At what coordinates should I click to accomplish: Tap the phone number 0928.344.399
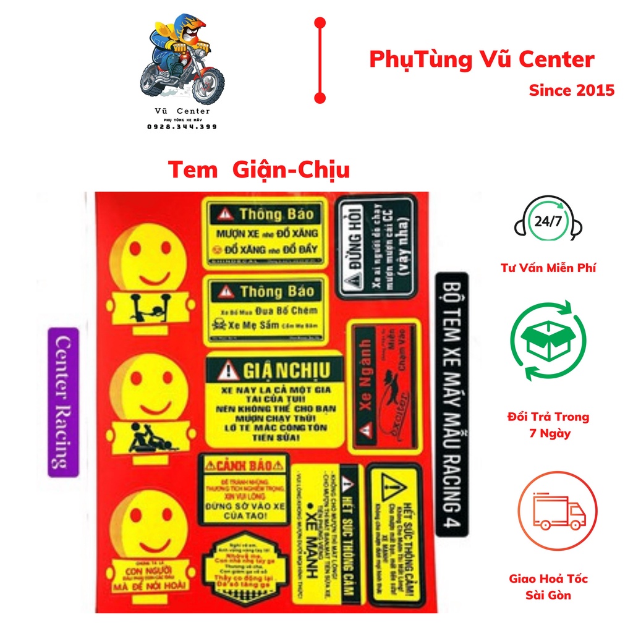coord(182,126)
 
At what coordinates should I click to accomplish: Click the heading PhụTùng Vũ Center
coord(482,60)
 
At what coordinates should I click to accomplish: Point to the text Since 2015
coord(571,90)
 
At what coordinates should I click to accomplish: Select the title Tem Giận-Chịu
coord(258,169)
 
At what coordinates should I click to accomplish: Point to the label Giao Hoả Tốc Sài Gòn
coord(548,587)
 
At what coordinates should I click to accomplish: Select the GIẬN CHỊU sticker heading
coord(274,370)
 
